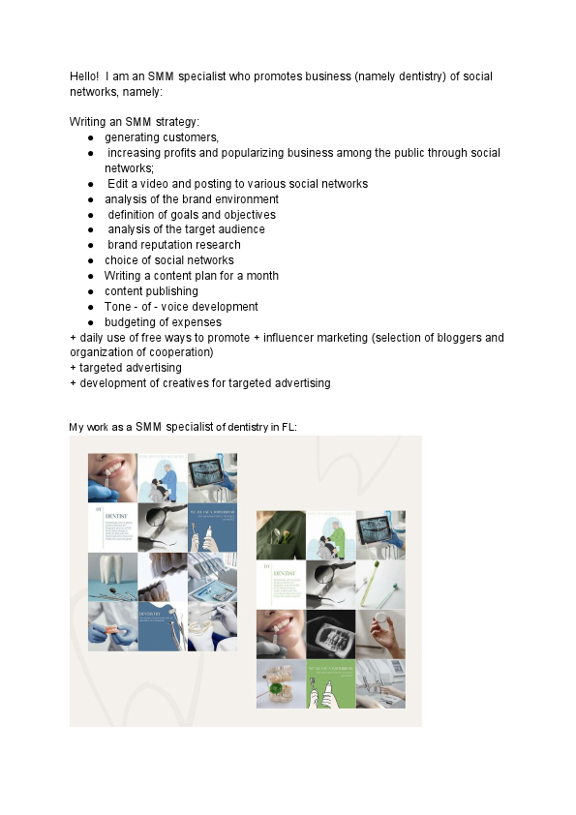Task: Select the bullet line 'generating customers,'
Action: point(162,137)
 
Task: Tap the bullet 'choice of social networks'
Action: point(169,260)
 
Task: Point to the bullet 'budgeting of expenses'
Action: point(163,322)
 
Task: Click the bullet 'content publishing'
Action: point(151,291)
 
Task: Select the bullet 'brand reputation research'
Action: point(174,245)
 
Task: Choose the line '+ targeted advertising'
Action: point(126,368)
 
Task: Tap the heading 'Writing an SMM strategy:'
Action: point(135,122)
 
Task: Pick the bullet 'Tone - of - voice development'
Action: point(181,307)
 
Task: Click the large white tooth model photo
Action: point(112,577)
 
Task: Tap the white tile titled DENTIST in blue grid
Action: point(112,527)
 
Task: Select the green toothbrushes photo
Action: point(380,584)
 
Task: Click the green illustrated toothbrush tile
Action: point(330,683)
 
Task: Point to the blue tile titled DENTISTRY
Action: point(162,626)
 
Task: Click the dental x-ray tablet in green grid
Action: point(380,535)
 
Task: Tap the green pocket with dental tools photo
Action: point(281,535)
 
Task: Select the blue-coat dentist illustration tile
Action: point(162,477)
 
